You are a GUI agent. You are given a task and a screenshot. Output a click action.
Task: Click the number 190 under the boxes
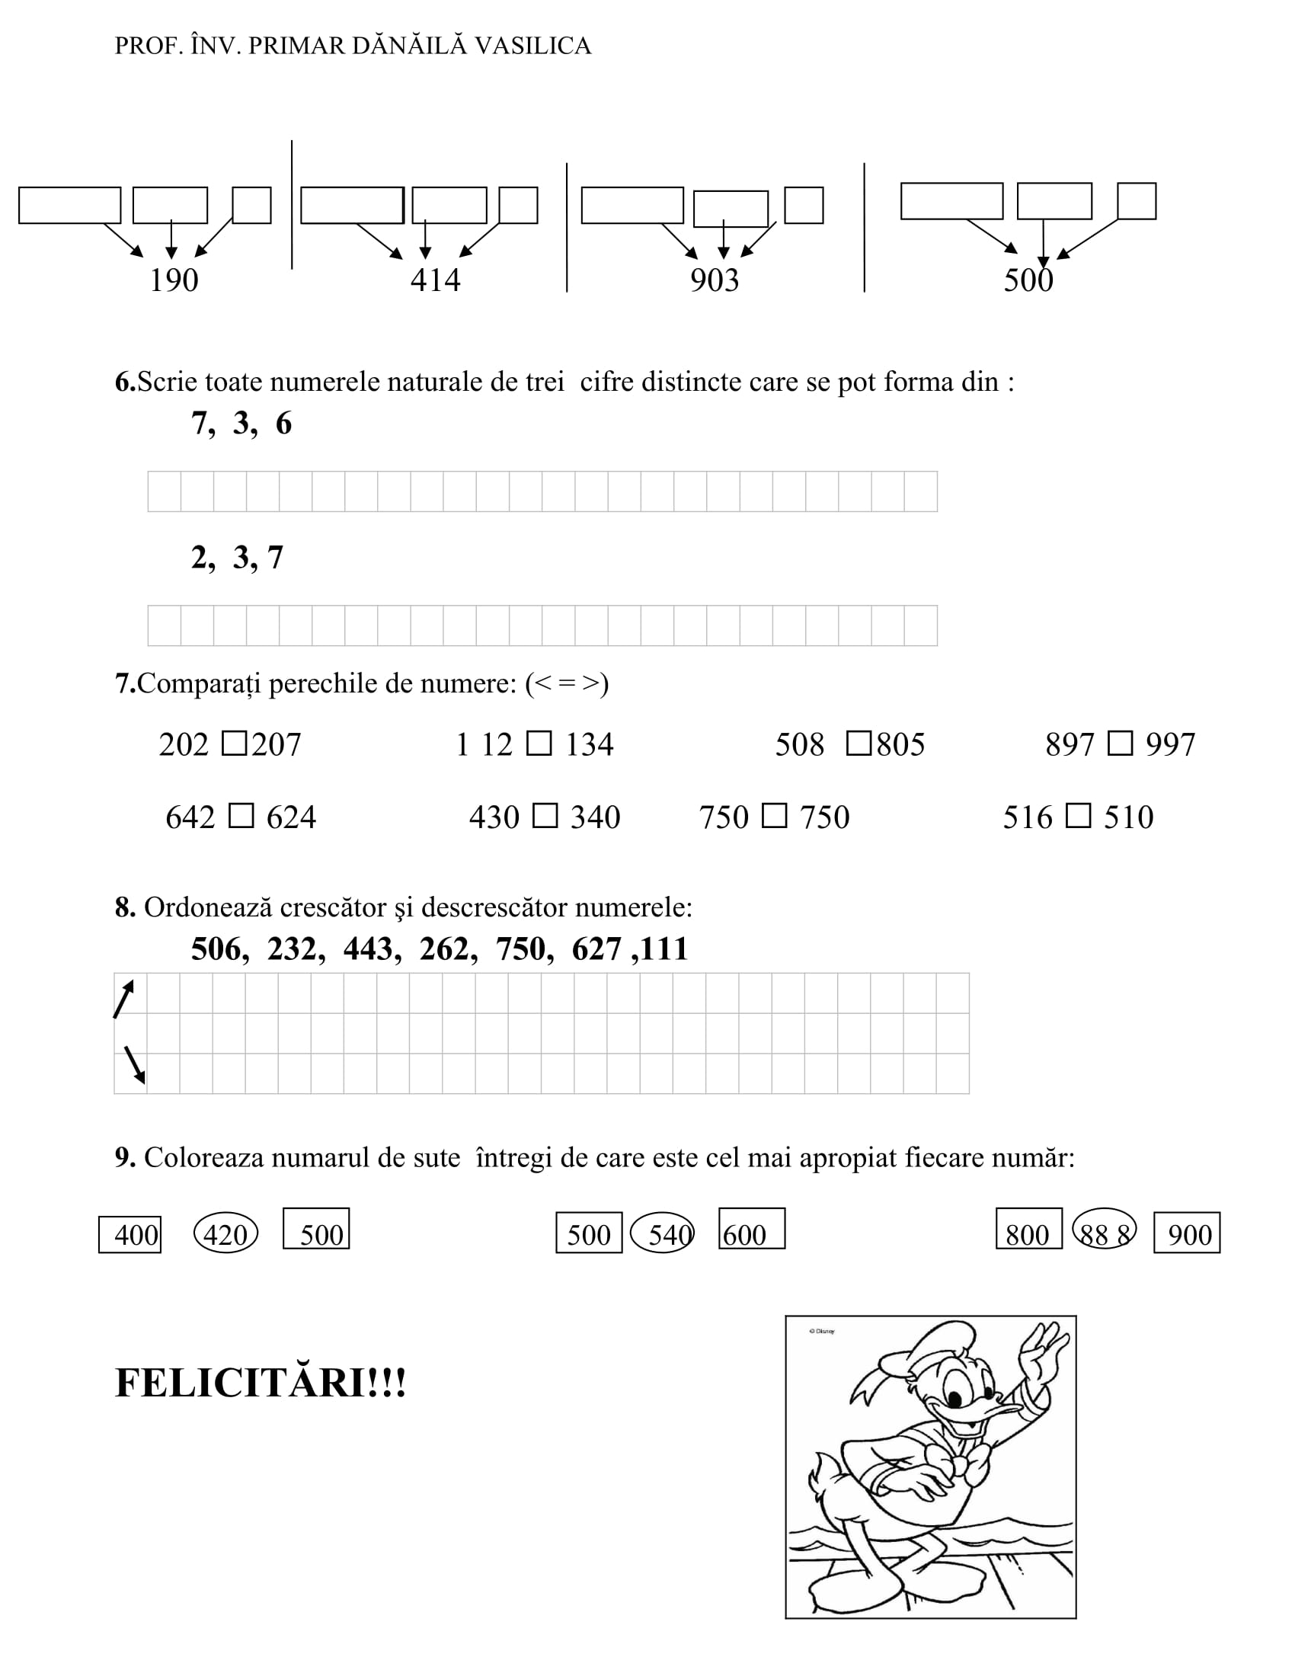[x=174, y=280]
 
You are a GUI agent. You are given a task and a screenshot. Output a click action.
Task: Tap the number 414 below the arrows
[x=435, y=280]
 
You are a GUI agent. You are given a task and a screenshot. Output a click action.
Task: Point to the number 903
[x=715, y=280]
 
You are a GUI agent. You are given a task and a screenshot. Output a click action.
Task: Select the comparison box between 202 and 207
[x=234, y=744]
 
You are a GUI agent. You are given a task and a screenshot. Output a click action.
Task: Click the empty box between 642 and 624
[x=241, y=816]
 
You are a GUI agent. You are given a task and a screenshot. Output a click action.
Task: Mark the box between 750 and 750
[x=774, y=816]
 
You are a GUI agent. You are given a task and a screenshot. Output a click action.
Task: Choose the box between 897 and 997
[x=1120, y=744]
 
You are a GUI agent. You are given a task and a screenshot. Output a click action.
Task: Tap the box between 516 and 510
[x=1079, y=816]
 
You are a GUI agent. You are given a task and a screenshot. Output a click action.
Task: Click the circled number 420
[x=225, y=1234]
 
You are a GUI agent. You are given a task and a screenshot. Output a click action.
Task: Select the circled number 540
[x=663, y=1234]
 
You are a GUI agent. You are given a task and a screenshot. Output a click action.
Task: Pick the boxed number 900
[x=1187, y=1234]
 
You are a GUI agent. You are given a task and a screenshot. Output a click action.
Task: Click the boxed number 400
[x=130, y=1235]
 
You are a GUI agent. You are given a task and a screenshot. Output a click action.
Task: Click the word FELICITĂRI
[x=241, y=1383]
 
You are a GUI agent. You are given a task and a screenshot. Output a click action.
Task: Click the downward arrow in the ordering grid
[x=134, y=1065]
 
